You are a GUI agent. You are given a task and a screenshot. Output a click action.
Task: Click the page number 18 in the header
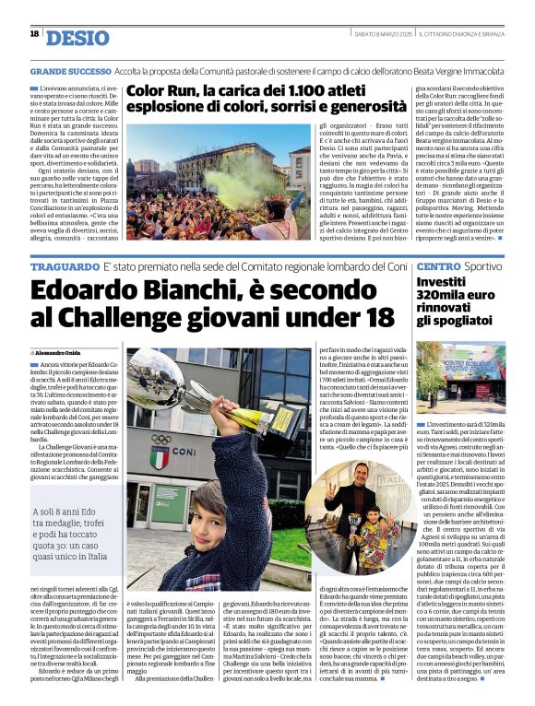(34, 34)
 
